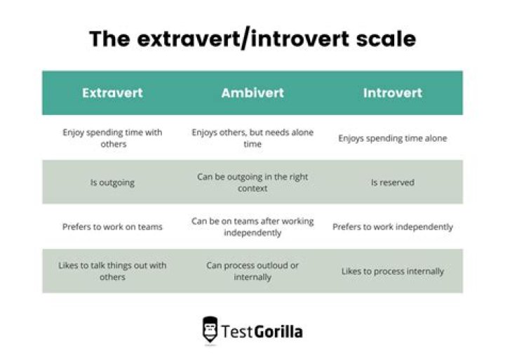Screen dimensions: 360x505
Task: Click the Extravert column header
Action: coord(112,93)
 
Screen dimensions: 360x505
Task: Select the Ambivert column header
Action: coord(252,93)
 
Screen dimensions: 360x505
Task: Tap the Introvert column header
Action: coord(392,93)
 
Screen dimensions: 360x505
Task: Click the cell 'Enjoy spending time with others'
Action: coord(112,138)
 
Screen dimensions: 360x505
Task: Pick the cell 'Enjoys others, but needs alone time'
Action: coord(252,138)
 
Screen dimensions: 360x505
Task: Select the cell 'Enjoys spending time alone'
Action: coord(392,138)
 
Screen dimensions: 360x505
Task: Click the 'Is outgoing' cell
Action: coord(112,182)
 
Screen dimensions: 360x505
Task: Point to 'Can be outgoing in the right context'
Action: coord(252,182)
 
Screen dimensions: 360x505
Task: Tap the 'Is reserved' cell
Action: coord(392,182)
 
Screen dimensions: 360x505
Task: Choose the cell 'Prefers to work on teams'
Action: coord(112,227)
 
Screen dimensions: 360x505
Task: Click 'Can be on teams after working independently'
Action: coord(252,226)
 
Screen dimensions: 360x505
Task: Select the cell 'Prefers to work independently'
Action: coord(392,227)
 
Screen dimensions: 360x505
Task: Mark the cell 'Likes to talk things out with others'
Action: coord(112,271)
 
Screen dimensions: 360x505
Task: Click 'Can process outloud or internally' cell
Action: coord(252,271)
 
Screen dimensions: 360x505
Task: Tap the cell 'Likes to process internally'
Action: coord(392,271)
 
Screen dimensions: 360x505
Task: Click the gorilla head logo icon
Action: coord(210,329)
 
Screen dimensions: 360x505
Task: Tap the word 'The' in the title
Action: coord(109,39)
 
